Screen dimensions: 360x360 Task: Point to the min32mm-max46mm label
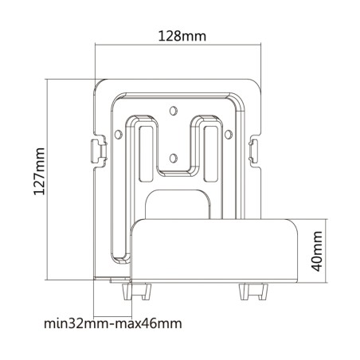[112, 323]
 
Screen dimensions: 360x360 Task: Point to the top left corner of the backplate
[100, 83]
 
